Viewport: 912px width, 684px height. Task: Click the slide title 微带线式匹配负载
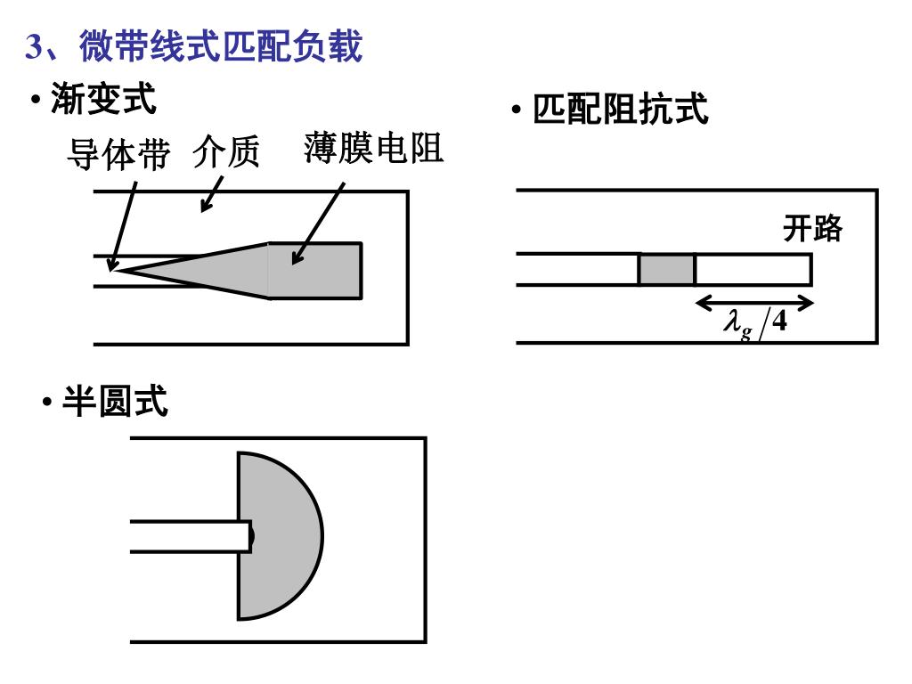(221, 46)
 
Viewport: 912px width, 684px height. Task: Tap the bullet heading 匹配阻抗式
(620, 110)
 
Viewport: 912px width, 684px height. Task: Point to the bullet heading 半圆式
(114, 402)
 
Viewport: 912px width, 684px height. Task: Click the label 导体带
(118, 157)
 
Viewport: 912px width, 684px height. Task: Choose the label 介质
(226, 154)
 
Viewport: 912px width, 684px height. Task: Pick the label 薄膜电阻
(373, 148)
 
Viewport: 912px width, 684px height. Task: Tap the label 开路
(812, 229)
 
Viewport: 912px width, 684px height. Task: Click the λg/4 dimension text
(754, 322)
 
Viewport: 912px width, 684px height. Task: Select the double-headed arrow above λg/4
(754, 303)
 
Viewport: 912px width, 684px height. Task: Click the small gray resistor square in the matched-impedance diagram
(666, 270)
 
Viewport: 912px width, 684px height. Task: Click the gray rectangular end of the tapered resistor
(316, 270)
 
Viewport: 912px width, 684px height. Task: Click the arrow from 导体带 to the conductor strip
(122, 223)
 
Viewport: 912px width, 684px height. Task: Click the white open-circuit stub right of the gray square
(753, 270)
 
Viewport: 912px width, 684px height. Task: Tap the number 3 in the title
(34, 47)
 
